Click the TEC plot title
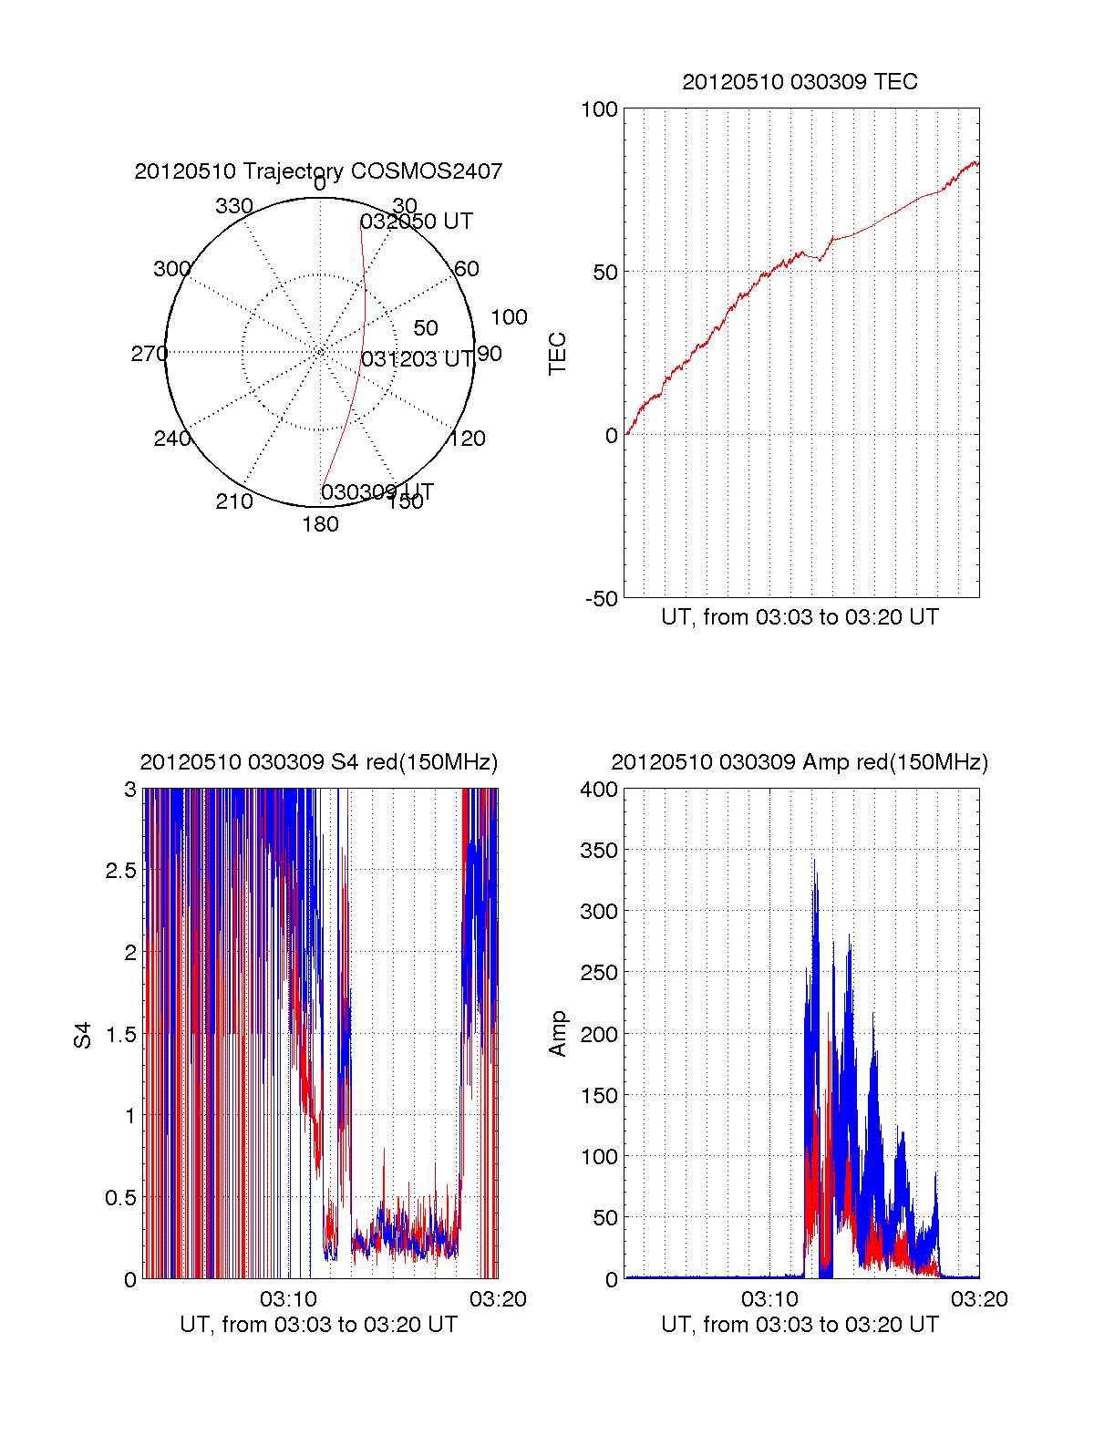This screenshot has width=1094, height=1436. pos(800,82)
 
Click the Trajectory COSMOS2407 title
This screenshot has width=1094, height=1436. pos(318,171)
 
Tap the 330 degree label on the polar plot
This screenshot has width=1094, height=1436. pos(233,206)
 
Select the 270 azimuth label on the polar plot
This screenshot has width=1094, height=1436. pos(149,354)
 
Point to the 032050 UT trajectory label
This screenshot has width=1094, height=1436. pos(416,222)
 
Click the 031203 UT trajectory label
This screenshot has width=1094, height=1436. pos(417,359)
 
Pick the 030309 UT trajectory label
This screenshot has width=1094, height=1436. pos(377,492)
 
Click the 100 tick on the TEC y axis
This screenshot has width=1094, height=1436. pos(599,110)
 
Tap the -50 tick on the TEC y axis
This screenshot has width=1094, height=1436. pos(601,599)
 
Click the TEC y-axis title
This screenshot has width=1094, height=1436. pos(557,354)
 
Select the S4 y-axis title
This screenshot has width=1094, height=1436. pos(83,1035)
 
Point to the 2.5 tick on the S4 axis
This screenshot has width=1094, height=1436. pos(120,871)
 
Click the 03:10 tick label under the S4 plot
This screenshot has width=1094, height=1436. pos(288,1299)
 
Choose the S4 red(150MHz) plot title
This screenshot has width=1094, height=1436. pos(318,762)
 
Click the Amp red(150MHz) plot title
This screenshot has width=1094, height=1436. pos(800,762)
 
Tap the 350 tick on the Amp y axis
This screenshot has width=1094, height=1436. pos(599,851)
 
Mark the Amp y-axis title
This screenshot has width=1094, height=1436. pos(557,1034)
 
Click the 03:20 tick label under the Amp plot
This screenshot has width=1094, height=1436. pos(979,1299)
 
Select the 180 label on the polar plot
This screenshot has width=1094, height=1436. pos(320,524)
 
